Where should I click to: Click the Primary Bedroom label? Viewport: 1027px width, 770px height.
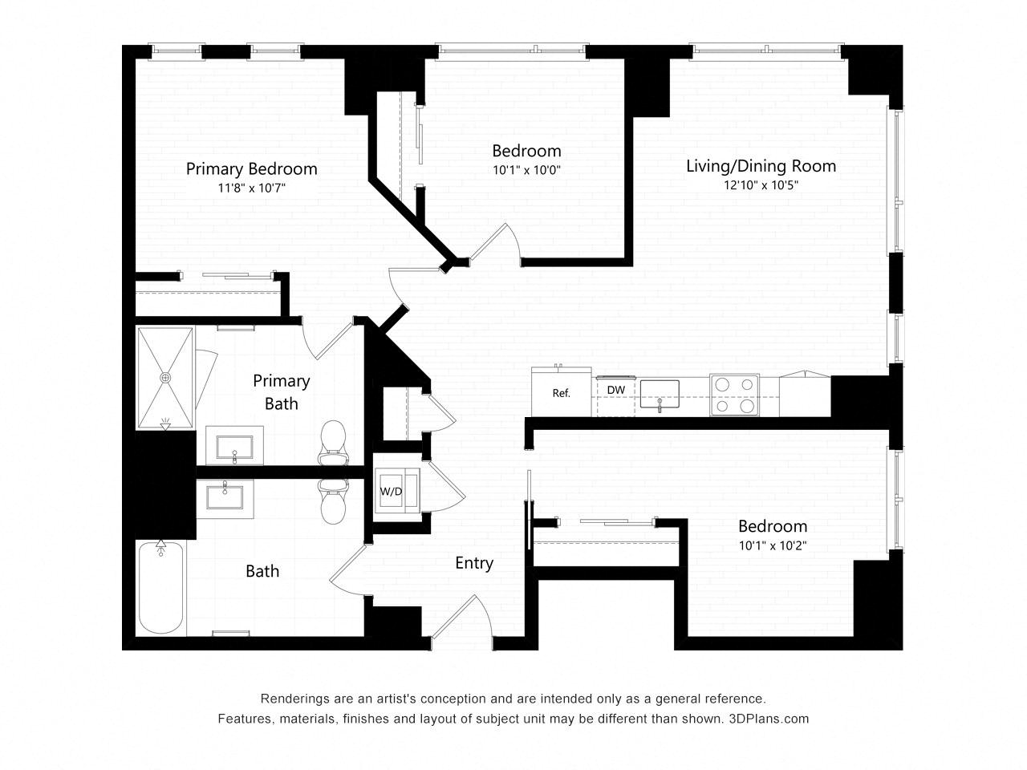tap(251, 168)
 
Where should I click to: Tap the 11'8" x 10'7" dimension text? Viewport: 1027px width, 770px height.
tap(251, 188)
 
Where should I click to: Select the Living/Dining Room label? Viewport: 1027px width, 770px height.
tap(761, 166)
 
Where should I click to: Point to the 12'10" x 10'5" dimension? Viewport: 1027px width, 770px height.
tap(761, 184)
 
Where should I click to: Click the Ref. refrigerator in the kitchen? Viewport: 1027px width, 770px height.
tap(561, 393)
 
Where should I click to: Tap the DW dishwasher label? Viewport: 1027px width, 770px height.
tap(615, 390)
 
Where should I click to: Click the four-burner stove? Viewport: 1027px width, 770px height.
tap(735, 395)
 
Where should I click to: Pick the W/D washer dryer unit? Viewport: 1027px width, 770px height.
tap(392, 491)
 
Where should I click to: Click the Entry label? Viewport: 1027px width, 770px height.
tap(473, 563)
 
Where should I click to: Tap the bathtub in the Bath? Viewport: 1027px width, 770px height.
tap(161, 587)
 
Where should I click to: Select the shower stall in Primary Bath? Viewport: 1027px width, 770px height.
tap(165, 377)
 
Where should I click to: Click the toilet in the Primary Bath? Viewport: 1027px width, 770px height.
tap(332, 443)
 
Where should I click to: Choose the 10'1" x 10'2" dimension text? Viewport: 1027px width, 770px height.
tap(773, 545)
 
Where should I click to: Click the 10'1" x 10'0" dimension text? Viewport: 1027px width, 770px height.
tap(526, 170)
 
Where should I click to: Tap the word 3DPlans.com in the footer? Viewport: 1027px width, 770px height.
tap(768, 719)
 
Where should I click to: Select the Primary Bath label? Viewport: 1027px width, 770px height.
tap(281, 391)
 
